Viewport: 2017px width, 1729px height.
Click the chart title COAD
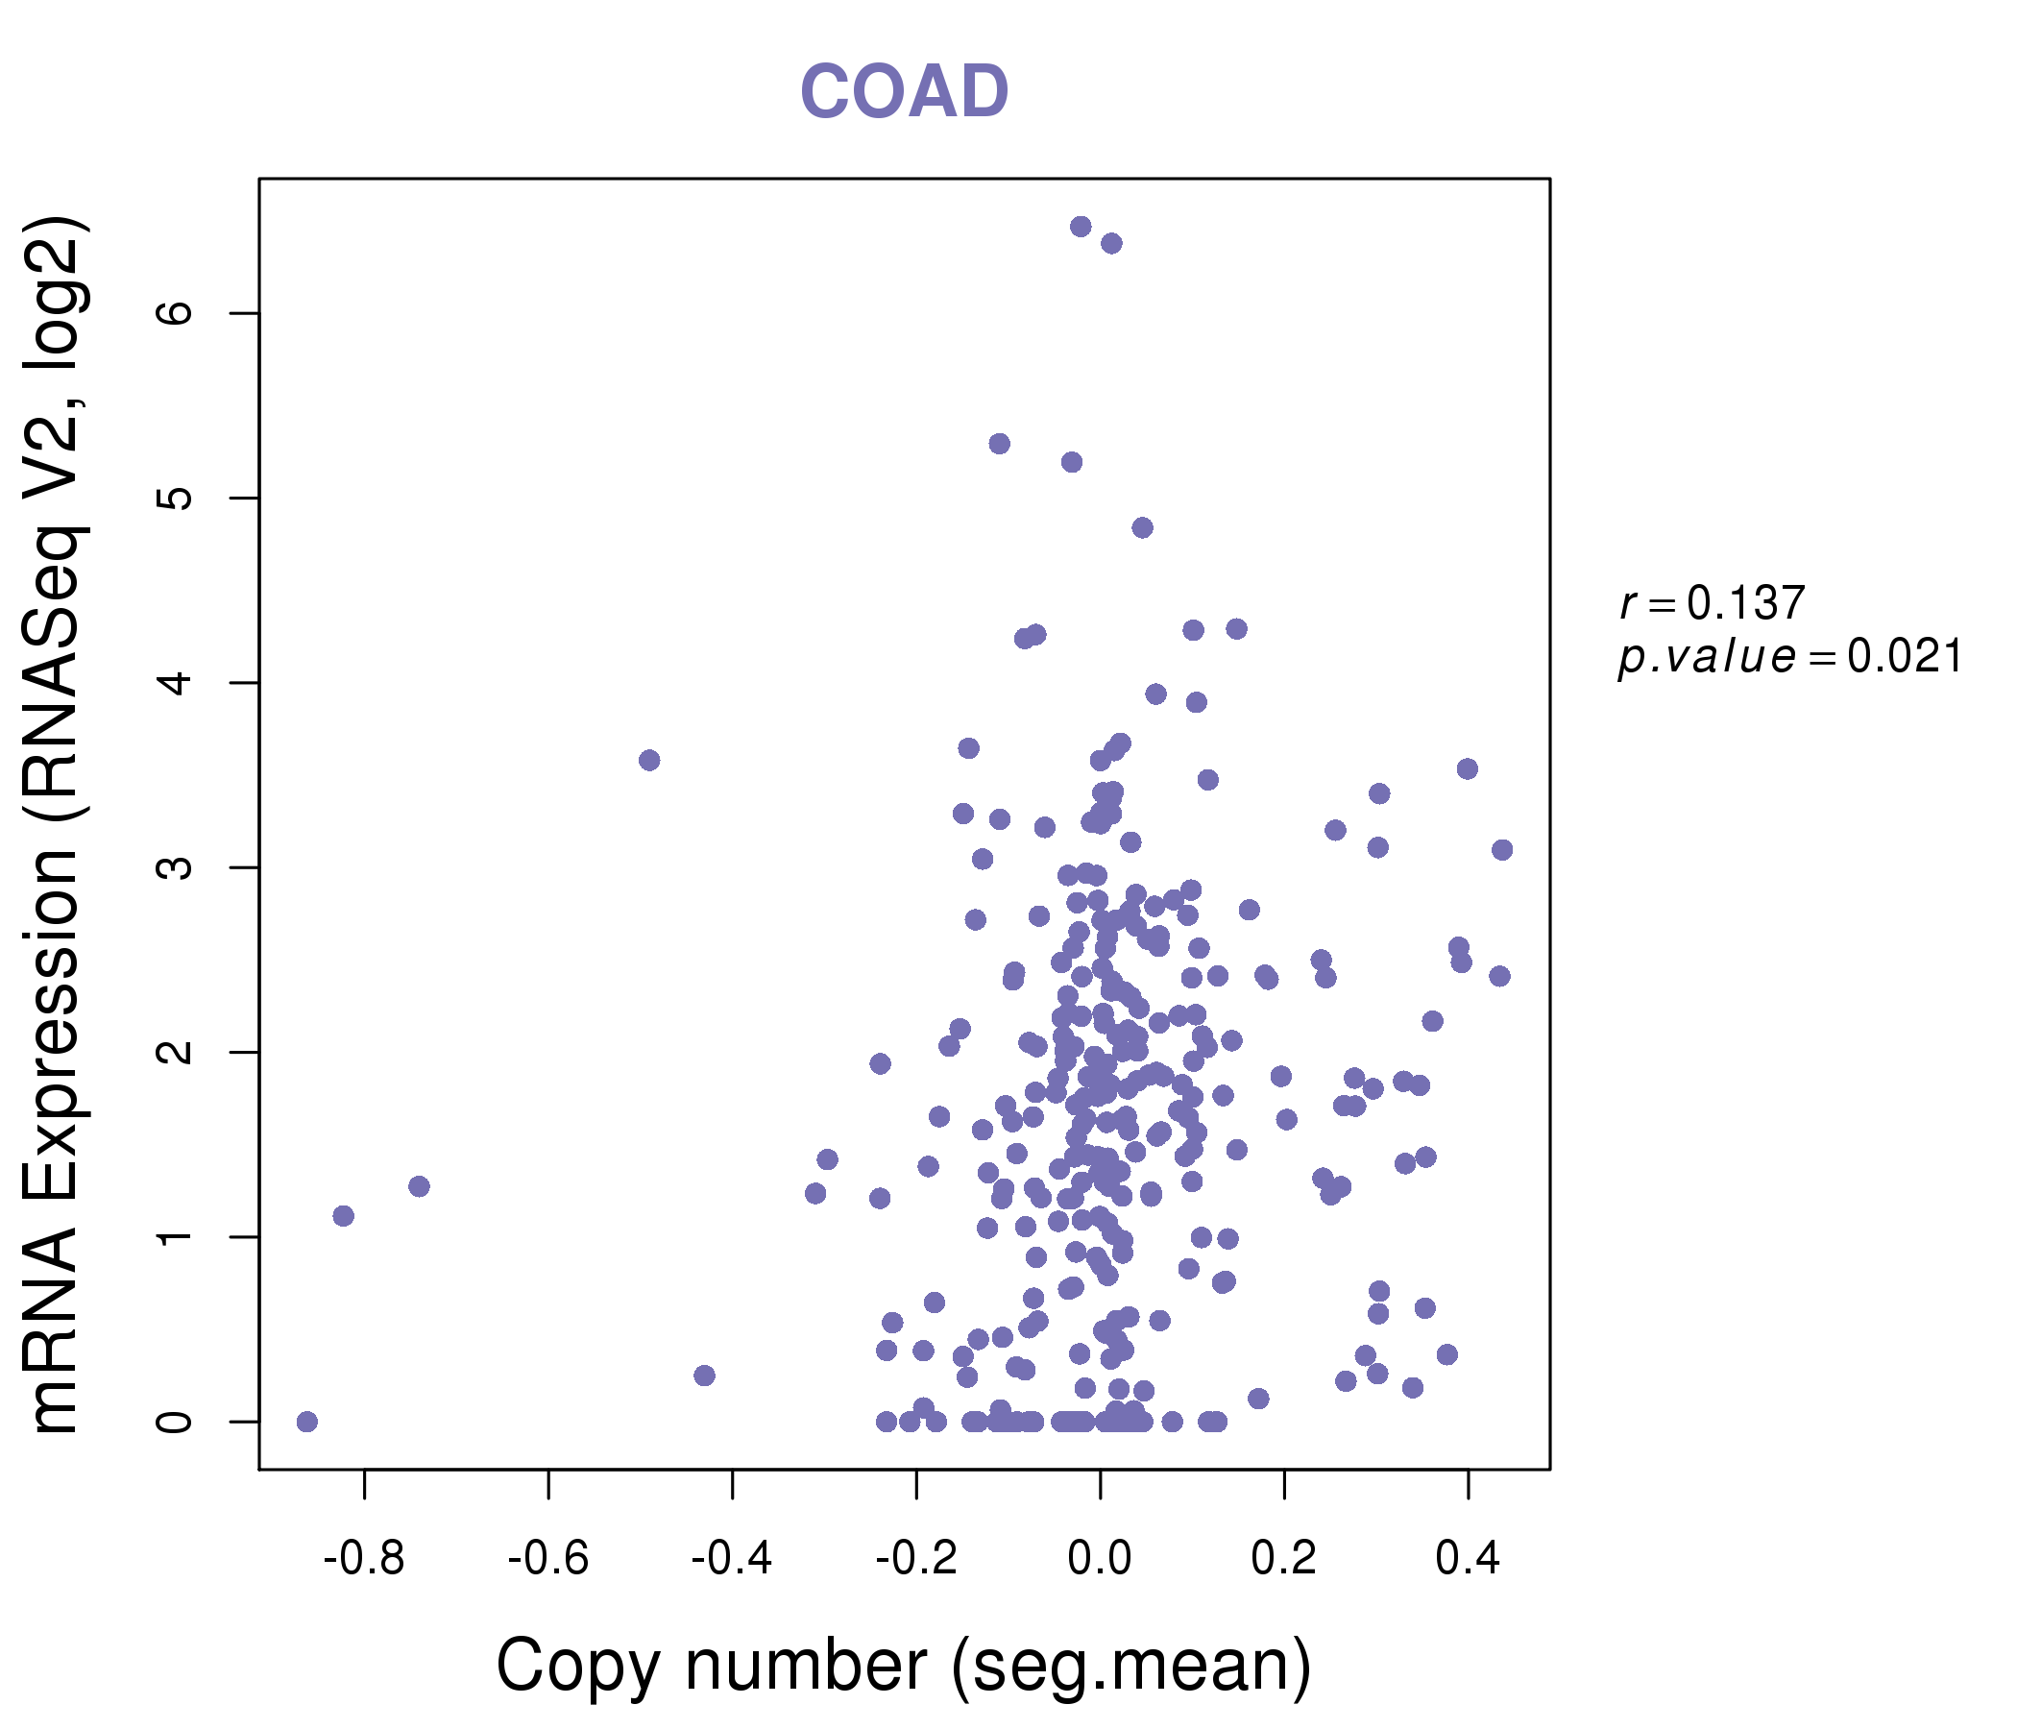[x=904, y=92]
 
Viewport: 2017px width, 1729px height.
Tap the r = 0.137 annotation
[x=1712, y=604]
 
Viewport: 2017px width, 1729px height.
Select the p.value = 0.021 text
[x=1789, y=657]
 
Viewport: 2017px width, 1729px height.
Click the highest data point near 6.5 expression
[x=1081, y=227]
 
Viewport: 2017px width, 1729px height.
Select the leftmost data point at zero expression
[x=307, y=1422]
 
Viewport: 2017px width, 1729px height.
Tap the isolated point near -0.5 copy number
[x=649, y=761]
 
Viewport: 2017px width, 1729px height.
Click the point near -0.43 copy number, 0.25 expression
[x=705, y=1376]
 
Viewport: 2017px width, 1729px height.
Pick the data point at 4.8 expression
[x=1143, y=527]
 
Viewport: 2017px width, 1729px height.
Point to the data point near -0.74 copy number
[x=420, y=1185]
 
